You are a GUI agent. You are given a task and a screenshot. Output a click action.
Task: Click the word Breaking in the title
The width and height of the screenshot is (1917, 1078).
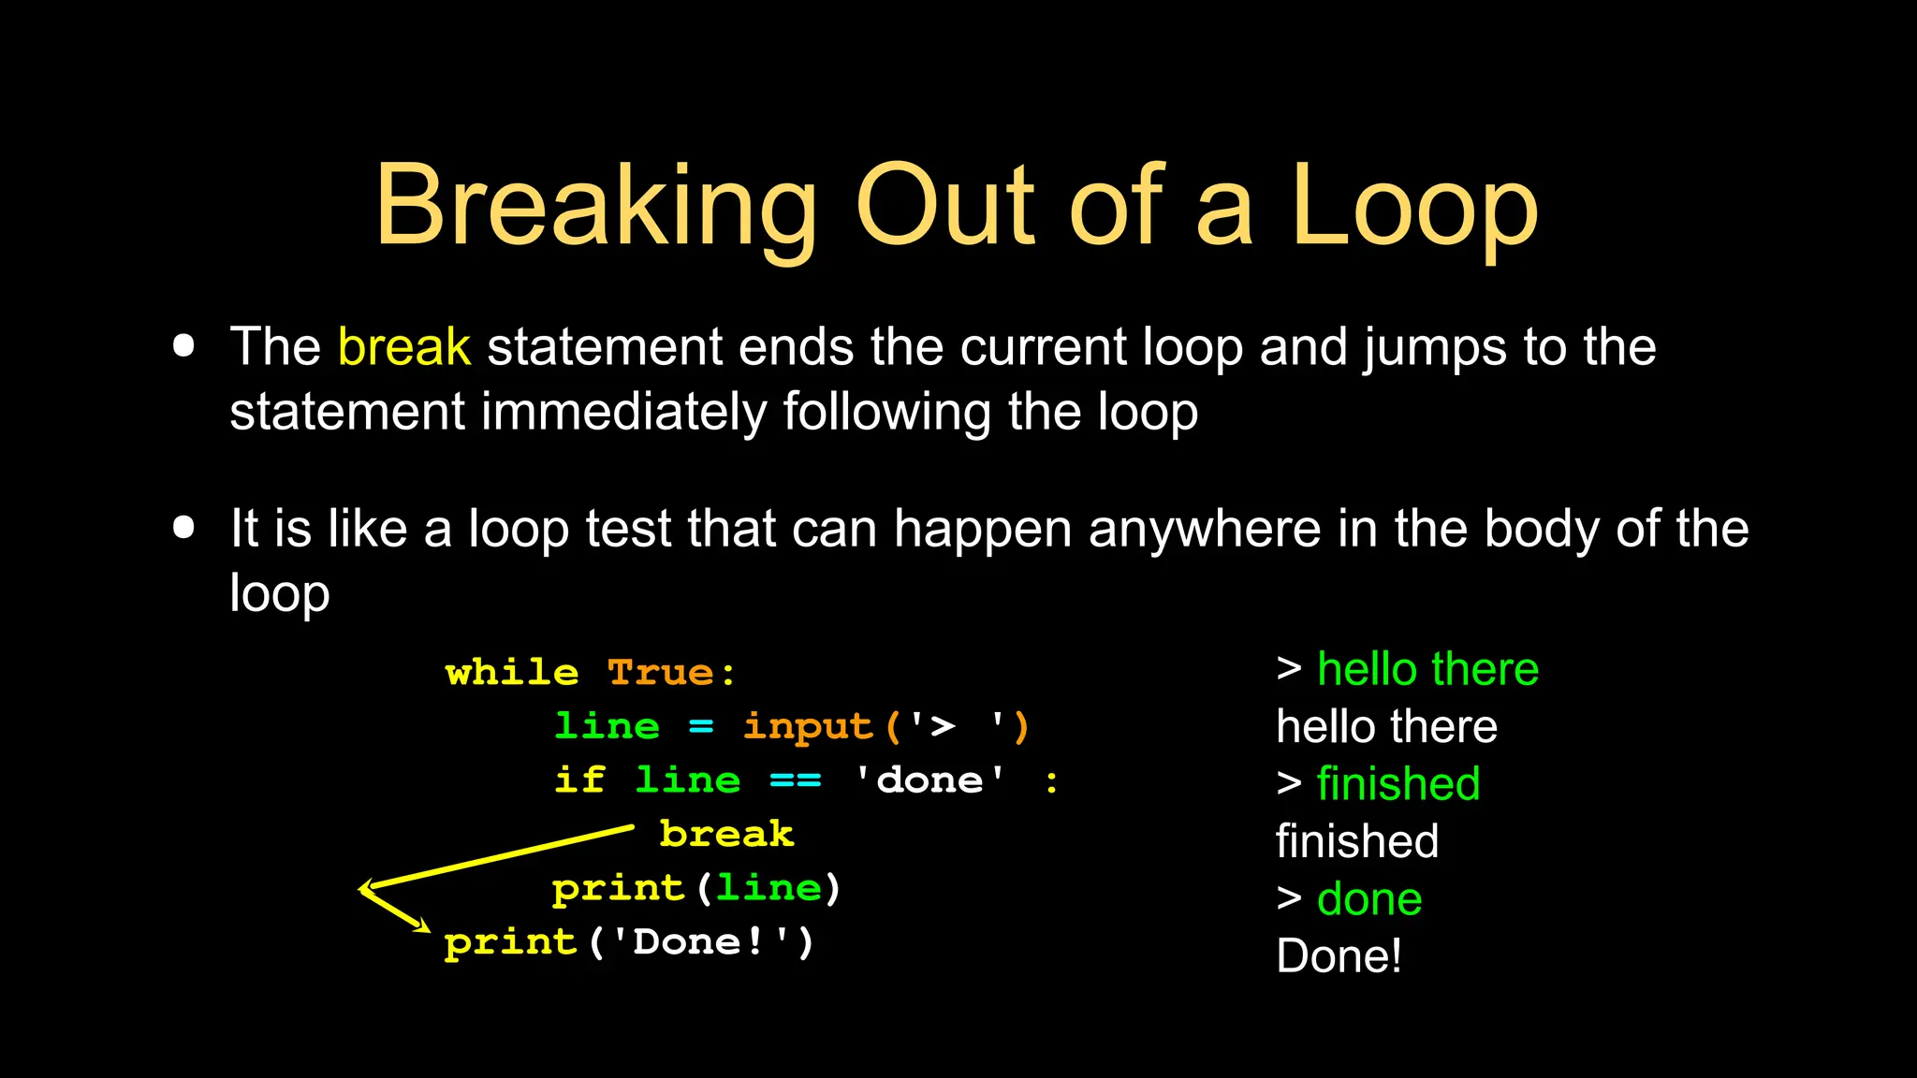point(596,208)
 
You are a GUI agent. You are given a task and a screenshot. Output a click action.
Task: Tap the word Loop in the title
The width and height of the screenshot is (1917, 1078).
point(1414,208)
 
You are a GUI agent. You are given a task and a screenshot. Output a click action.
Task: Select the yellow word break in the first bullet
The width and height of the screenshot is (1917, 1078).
point(403,347)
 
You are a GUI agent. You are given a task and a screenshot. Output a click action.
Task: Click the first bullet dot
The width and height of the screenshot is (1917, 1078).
point(184,346)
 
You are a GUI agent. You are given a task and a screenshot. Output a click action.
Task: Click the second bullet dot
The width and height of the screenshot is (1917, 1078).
point(184,528)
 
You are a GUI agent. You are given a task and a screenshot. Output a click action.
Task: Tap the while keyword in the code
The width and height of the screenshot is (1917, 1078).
point(512,673)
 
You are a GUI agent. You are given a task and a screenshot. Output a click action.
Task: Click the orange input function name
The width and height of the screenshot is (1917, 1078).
point(808,727)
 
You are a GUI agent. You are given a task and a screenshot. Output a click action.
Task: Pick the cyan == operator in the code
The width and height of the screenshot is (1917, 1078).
point(795,780)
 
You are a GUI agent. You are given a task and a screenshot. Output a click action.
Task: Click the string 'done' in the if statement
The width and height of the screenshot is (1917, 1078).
point(930,780)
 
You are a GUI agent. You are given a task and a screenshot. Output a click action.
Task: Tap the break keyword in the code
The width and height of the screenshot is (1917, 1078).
point(726,834)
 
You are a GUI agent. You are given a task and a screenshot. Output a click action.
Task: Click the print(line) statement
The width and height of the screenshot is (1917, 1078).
point(696,888)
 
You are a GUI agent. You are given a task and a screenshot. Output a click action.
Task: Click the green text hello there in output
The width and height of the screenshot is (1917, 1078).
point(1427,670)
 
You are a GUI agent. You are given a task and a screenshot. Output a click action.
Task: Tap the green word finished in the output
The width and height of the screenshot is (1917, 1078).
point(1398,784)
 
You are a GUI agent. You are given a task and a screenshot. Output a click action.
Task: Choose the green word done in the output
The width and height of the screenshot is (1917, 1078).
point(1369,899)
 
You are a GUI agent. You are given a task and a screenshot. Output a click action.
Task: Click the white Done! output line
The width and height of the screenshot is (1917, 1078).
point(1339,956)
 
